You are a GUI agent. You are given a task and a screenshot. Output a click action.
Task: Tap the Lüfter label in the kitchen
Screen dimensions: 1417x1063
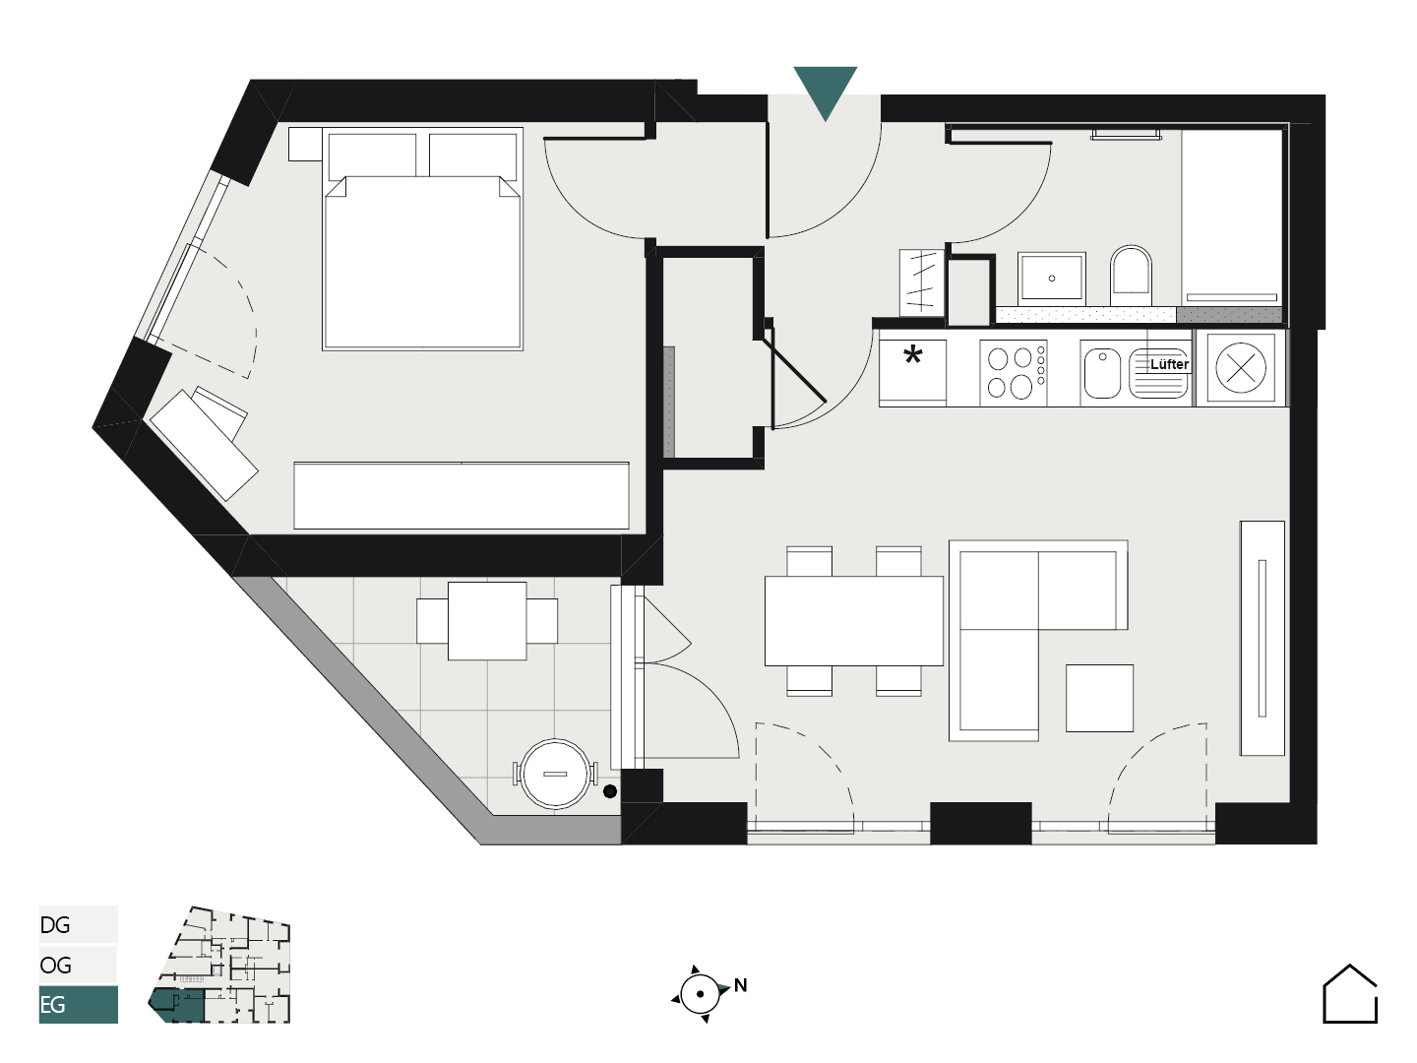pyautogui.click(x=1169, y=364)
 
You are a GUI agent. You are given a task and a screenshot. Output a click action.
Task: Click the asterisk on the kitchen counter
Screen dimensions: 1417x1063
pyautogui.click(x=913, y=355)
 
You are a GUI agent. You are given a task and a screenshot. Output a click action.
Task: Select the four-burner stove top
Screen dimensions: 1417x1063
pyautogui.click(x=1013, y=373)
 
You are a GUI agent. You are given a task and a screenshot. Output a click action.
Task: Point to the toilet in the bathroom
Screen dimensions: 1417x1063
pyautogui.click(x=1131, y=276)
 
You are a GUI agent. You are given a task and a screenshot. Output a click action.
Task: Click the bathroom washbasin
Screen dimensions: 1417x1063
pyautogui.click(x=1052, y=279)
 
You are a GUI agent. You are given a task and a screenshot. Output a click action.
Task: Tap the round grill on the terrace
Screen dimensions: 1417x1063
pyautogui.click(x=555, y=774)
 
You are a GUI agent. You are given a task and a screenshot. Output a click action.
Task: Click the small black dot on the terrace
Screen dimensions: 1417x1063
pyautogui.click(x=609, y=791)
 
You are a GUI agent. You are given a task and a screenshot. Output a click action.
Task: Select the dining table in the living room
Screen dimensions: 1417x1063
pyautogui.click(x=854, y=621)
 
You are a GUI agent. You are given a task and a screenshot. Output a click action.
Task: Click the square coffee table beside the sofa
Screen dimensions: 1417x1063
pyautogui.click(x=1099, y=699)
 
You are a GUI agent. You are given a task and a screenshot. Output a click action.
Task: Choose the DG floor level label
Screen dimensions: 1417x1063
pyautogui.click(x=55, y=925)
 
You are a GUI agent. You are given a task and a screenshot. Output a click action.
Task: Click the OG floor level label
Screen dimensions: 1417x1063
pyautogui.click(x=55, y=965)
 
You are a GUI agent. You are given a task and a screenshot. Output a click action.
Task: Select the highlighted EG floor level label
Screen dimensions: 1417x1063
pyautogui.click(x=53, y=1005)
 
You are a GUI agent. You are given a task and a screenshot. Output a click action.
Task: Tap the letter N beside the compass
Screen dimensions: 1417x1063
pyautogui.click(x=740, y=985)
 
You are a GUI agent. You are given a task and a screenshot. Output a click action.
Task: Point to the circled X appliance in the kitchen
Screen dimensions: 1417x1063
pyautogui.click(x=1241, y=368)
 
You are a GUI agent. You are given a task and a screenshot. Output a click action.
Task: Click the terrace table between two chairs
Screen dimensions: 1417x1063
pyautogui.click(x=487, y=621)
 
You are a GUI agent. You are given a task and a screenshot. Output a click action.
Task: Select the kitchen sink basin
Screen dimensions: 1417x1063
pyautogui.click(x=1103, y=374)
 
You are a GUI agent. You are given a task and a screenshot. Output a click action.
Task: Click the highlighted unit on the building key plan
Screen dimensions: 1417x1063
pyautogui.click(x=177, y=1006)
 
